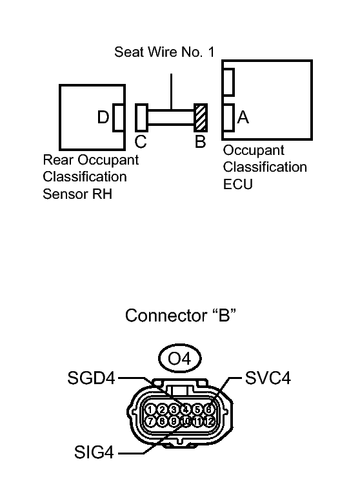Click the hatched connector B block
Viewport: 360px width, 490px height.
(x=201, y=117)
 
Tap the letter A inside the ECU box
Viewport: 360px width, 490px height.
(x=243, y=117)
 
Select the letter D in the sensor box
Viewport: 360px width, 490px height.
(x=103, y=117)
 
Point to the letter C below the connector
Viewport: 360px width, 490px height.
(x=141, y=141)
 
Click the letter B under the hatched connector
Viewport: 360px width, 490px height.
(x=201, y=141)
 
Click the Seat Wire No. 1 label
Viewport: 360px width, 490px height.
(x=165, y=52)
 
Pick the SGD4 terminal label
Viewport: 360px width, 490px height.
(x=91, y=378)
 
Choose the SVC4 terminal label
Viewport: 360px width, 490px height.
(x=268, y=378)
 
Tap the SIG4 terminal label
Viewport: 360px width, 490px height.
(x=94, y=452)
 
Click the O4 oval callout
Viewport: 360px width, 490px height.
(x=179, y=358)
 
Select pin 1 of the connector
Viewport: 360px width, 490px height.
(x=150, y=409)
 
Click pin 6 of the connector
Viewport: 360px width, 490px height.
(x=209, y=409)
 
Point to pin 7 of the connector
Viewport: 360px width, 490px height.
(x=150, y=422)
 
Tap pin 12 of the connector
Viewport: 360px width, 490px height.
(x=209, y=422)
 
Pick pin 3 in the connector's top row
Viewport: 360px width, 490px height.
(x=174, y=409)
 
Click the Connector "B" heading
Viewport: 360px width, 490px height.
(x=181, y=315)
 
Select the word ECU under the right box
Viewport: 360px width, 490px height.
(x=237, y=184)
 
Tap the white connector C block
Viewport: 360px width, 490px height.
(x=141, y=117)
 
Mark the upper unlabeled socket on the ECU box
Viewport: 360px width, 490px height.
(x=228, y=82)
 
